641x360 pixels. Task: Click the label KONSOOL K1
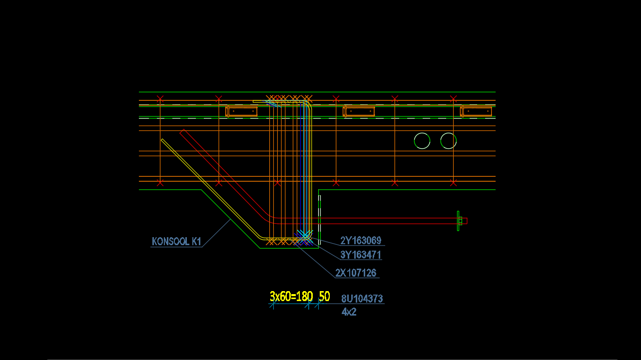click(x=176, y=242)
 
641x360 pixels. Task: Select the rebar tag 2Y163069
click(x=361, y=241)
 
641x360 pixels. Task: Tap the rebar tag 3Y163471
click(x=361, y=255)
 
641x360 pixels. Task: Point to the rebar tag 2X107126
click(x=356, y=273)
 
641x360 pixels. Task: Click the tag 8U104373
click(x=362, y=299)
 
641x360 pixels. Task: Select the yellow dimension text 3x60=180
click(x=291, y=297)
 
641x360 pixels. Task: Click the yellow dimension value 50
click(x=324, y=297)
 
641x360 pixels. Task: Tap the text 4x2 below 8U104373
click(x=349, y=312)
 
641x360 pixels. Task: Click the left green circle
click(x=422, y=141)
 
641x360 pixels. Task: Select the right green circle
click(x=449, y=141)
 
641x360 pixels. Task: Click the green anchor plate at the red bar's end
click(x=459, y=221)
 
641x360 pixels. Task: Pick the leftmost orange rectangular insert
click(x=242, y=111)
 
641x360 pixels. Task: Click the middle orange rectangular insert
click(x=359, y=111)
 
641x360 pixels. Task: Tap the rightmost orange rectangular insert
click(x=477, y=111)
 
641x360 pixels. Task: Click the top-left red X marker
click(x=160, y=99)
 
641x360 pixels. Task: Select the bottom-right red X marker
click(x=453, y=183)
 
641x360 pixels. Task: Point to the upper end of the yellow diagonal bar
click(x=162, y=140)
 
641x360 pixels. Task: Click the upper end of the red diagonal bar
click(x=183, y=132)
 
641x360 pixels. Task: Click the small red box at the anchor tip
click(x=464, y=221)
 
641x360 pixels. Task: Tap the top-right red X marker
click(x=453, y=99)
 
